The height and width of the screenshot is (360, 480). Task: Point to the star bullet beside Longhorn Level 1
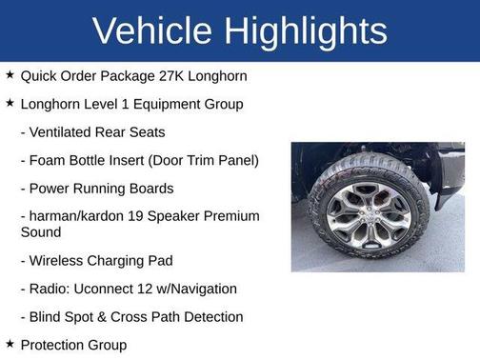coord(10,103)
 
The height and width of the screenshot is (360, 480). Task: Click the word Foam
coord(50,160)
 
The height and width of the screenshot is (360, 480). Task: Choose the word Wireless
coord(62,260)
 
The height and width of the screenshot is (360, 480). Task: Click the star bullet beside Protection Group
coord(10,345)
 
